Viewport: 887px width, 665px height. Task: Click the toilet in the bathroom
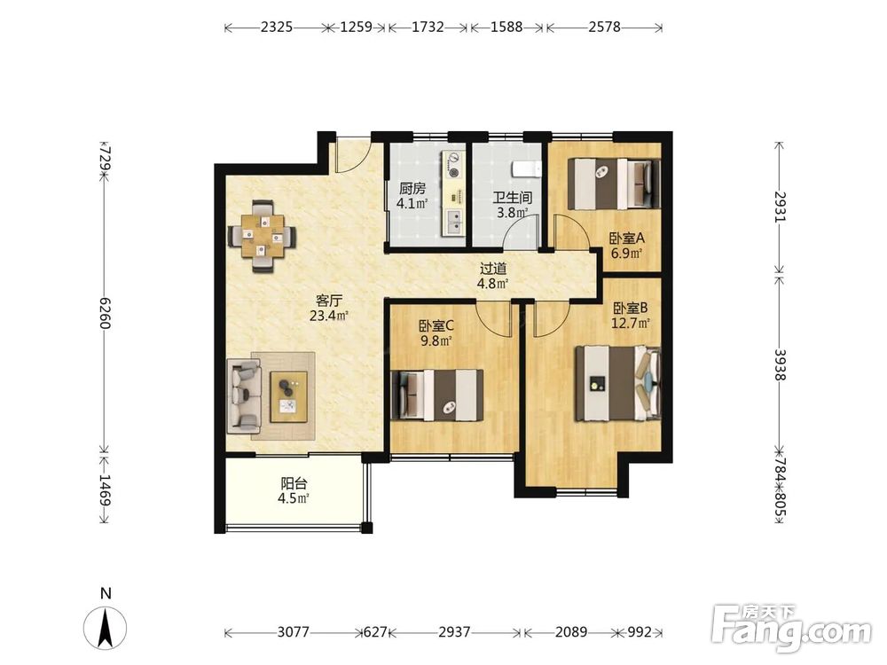pos(526,168)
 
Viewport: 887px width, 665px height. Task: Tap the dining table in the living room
pos(262,235)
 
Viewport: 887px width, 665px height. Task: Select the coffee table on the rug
pos(289,396)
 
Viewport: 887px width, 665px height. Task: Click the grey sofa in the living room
pos(244,395)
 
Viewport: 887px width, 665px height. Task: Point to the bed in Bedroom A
pos(614,184)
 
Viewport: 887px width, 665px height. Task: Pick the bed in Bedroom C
pos(437,395)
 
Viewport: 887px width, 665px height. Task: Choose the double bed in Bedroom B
pos(618,383)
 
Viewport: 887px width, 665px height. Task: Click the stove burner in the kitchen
pos(453,161)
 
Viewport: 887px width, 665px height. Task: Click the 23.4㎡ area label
pos(327,316)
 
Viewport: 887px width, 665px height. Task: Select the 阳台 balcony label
pos(294,483)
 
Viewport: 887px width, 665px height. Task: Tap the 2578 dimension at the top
pos(604,27)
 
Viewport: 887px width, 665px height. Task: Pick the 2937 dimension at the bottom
pos(454,631)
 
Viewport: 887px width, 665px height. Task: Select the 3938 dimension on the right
pos(780,364)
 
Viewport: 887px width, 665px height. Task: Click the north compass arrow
pos(106,627)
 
